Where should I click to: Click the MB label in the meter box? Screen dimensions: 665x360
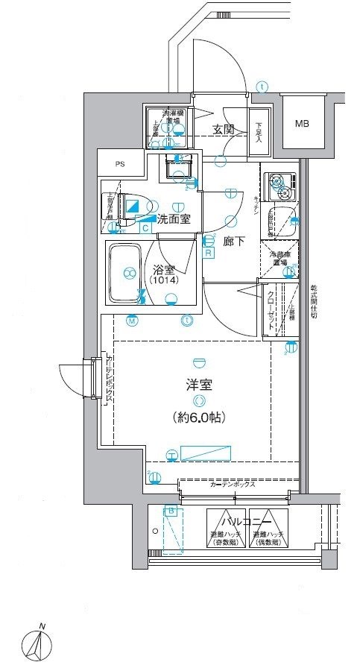(301, 123)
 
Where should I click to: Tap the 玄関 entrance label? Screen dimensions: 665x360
(224, 129)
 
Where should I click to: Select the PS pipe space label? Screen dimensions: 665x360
(120, 164)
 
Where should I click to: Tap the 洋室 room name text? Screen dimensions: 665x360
(199, 385)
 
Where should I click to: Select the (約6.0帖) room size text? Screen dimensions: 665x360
(199, 417)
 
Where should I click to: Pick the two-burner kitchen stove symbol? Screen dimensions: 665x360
(279, 182)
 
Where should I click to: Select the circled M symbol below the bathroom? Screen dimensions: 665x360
(132, 321)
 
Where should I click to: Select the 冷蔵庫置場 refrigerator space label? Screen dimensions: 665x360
(279, 258)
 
